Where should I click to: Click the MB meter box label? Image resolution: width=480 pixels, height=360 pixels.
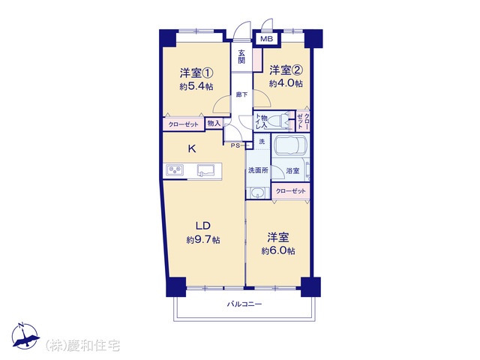[x=266, y=39]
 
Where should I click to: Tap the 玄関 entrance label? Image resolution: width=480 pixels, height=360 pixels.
[x=241, y=56]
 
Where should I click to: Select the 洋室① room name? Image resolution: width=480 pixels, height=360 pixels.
[x=196, y=73]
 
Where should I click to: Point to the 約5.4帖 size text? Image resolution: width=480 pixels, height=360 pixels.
[x=196, y=87]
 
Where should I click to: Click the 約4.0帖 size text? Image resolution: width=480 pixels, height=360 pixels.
[x=286, y=83]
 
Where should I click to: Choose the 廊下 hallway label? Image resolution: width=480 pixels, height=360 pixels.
[x=241, y=94]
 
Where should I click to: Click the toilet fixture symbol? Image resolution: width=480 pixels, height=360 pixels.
[x=279, y=120]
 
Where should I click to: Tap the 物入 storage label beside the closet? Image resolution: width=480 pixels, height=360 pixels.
[x=214, y=124]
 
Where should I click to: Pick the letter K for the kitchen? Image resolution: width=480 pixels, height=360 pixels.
[x=192, y=149]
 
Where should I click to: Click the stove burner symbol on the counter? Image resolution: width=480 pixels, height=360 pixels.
[x=175, y=170]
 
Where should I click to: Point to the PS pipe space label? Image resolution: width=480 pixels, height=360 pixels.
[x=235, y=145]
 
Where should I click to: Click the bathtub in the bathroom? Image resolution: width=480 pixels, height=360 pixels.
[x=290, y=145]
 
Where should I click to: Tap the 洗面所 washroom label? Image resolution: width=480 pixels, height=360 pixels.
[x=258, y=170]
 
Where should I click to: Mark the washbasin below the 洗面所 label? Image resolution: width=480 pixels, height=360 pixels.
[x=259, y=193]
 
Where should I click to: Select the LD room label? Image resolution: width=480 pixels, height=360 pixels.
[x=203, y=226]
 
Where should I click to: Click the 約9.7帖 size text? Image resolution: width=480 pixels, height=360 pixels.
[x=203, y=240]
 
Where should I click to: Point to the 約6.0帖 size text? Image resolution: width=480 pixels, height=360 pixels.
[x=278, y=251]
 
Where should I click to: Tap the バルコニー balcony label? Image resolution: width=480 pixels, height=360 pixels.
[x=244, y=304]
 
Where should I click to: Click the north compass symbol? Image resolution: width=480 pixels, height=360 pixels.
[x=25, y=336]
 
